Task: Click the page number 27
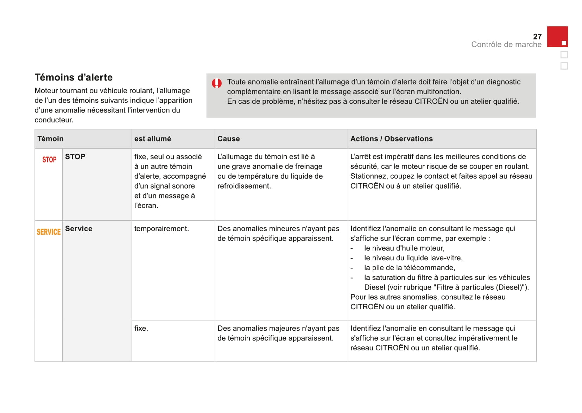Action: click(537, 37)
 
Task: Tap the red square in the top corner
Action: click(557, 37)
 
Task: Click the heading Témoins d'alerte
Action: click(74, 77)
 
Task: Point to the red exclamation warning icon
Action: click(216, 83)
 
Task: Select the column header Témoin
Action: click(50, 139)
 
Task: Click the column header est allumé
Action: click(152, 139)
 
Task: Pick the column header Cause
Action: click(228, 139)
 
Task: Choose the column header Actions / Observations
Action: click(391, 139)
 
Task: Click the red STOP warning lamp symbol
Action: click(49, 160)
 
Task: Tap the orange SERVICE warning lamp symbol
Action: click(49, 232)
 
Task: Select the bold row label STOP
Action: click(75, 157)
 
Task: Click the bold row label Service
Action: click(78, 229)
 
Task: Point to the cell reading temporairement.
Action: click(162, 229)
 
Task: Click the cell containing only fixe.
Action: click(141, 328)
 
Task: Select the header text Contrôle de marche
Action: click(506, 45)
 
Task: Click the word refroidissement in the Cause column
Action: click(244, 186)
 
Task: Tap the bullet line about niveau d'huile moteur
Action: click(404, 248)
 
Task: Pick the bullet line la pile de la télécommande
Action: click(409, 268)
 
